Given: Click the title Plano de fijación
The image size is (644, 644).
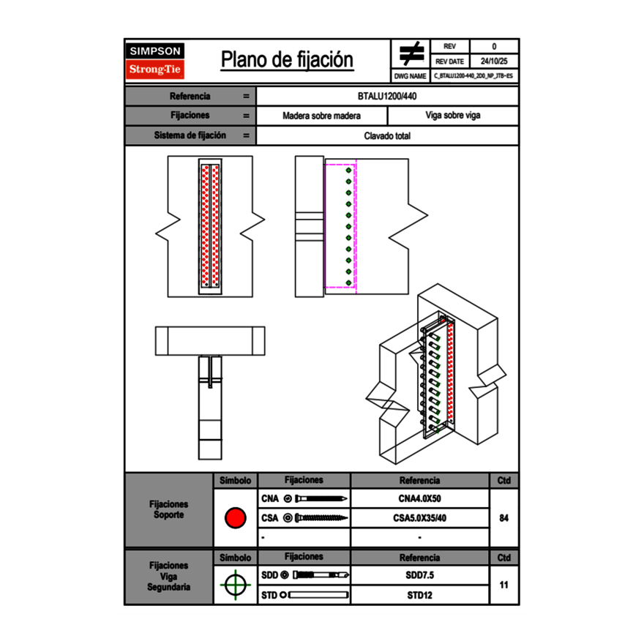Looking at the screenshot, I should pyautogui.click(x=287, y=60).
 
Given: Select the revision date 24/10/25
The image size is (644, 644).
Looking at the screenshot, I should pyautogui.click(x=494, y=61).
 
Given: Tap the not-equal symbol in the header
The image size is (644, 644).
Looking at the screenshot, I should pyautogui.click(x=411, y=53).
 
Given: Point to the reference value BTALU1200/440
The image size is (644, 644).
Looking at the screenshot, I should pyautogui.click(x=387, y=96).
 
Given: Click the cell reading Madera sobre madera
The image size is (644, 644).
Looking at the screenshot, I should pyautogui.click(x=321, y=116).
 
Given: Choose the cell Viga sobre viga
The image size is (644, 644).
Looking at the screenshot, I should pyautogui.click(x=452, y=116).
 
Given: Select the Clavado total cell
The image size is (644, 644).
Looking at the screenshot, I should pyautogui.click(x=387, y=135).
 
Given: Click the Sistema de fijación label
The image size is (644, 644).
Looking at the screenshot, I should pyautogui.click(x=190, y=135).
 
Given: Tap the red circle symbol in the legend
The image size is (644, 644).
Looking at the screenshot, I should pyautogui.click(x=235, y=518).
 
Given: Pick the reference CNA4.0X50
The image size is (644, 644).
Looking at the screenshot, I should pyautogui.click(x=419, y=499).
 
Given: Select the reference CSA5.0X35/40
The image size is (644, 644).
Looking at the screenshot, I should pyautogui.click(x=419, y=518).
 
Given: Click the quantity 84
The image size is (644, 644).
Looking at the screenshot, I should pyautogui.click(x=503, y=518).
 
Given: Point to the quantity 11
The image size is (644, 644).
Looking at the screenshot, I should pyautogui.click(x=503, y=585).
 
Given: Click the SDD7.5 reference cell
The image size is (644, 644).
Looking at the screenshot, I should pyautogui.click(x=419, y=575).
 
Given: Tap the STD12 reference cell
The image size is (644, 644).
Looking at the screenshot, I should pyautogui.click(x=419, y=595).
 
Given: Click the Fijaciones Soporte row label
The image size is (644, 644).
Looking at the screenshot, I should pyautogui.click(x=168, y=509).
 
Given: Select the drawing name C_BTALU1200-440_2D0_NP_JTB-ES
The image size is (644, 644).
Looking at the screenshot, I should pyautogui.click(x=473, y=75).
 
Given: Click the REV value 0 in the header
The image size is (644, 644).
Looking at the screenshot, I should pyautogui.click(x=494, y=46).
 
